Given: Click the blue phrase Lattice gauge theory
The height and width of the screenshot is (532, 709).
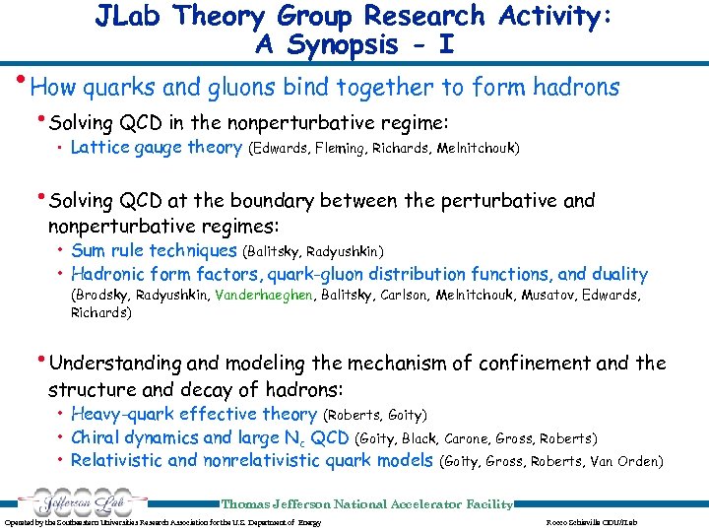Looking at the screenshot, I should tap(157, 148).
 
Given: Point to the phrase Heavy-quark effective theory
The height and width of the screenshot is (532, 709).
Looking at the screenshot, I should tap(194, 415).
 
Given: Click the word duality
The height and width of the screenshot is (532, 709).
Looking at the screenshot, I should tap(618, 275).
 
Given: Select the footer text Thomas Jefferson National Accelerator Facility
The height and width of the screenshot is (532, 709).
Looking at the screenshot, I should tap(366, 504).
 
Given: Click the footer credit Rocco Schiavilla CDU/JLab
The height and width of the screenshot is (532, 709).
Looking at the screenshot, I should tap(591, 521).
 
